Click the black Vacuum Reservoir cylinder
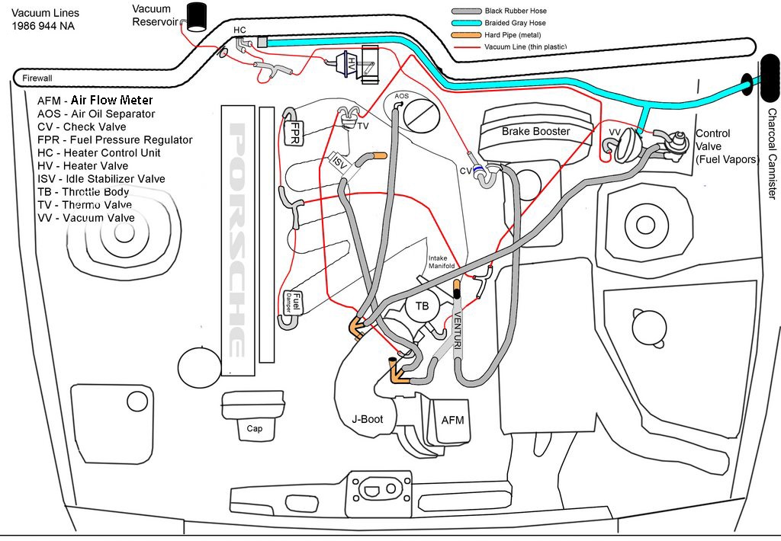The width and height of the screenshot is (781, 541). coord(198,16)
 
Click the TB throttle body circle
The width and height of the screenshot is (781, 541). coord(422,307)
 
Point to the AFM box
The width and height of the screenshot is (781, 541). coord(452,420)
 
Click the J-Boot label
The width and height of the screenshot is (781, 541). coord(368,418)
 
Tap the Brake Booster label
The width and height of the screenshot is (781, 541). coord(535,131)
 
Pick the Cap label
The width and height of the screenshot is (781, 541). coord(255,428)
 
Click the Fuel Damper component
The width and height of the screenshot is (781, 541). coord(294,303)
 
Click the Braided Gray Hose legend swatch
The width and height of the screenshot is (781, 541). coord(465,23)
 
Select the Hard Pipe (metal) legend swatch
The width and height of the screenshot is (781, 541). coord(465,35)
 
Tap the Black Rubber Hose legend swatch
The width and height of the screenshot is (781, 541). coord(465,11)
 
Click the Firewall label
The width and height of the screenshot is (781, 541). coord(37,78)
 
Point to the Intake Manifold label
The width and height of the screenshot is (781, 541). coord(442,261)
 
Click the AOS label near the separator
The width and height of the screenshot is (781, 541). coord(402,97)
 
